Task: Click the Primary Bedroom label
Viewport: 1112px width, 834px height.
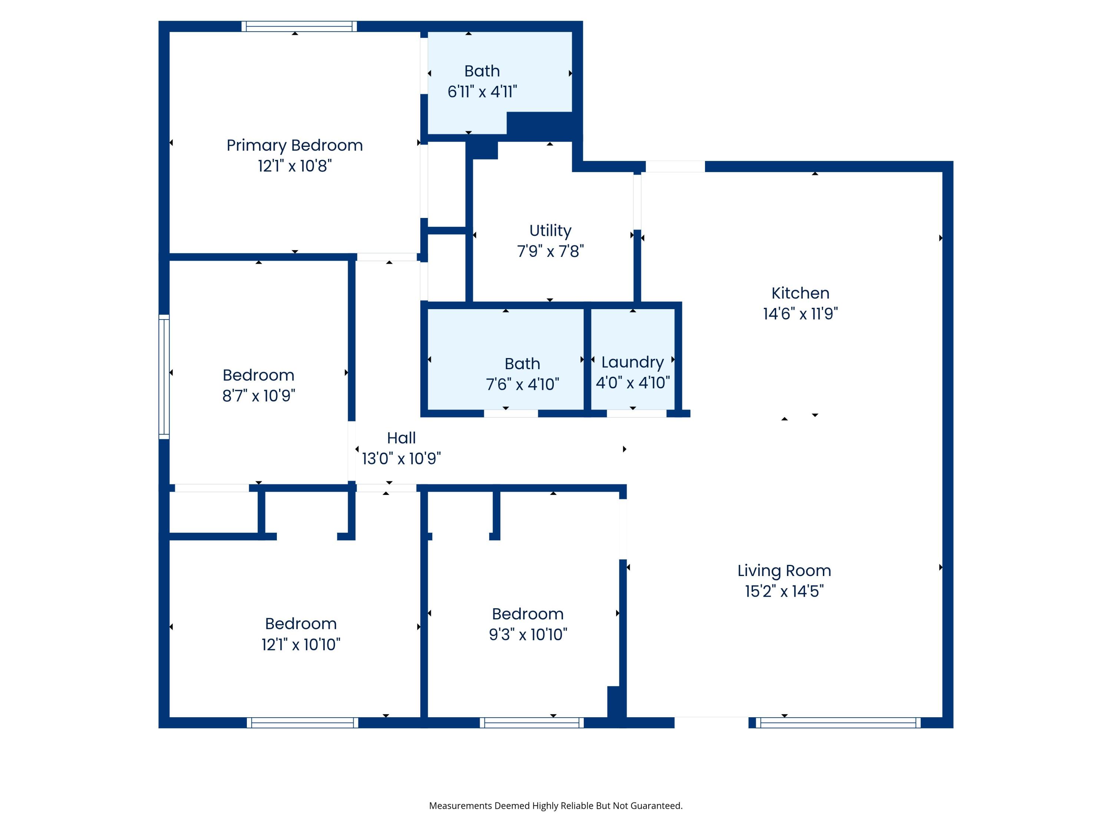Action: [x=295, y=145]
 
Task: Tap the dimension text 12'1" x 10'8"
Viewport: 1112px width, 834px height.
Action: [x=295, y=166]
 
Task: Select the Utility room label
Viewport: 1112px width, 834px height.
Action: [x=550, y=230]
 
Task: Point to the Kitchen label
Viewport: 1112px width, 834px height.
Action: [x=800, y=293]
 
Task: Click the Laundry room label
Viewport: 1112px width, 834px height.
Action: [x=632, y=362]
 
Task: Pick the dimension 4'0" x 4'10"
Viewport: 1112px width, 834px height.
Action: [x=632, y=383]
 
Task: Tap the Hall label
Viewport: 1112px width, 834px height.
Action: [x=401, y=438]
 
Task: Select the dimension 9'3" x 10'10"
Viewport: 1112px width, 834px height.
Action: [x=528, y=635]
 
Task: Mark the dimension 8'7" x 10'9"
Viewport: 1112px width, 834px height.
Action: [x=258, y=396]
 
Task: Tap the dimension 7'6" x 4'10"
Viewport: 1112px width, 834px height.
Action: [x=522, y=384]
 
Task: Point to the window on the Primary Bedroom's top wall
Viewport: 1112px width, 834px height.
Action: [x=299, y=26]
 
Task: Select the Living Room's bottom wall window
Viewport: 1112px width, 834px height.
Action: [x=838, y=723]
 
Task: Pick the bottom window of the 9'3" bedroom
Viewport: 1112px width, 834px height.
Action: [x=532, y=723]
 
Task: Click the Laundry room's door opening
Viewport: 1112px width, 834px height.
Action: [x=636, y=414]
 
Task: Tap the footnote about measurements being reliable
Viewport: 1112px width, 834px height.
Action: [x=556, y=806]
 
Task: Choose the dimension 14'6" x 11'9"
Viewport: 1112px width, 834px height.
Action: [x=800, y=314]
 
